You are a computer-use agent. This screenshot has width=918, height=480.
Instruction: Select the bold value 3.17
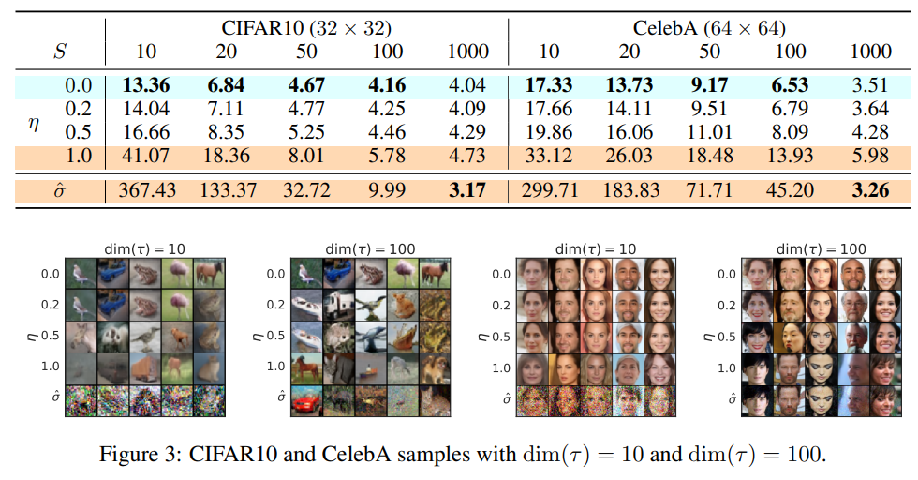(x=467, y=192)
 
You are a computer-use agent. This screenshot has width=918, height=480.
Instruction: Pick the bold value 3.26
(x=869, y=192)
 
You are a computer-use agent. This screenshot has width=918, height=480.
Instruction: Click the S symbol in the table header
(x=59, y=52)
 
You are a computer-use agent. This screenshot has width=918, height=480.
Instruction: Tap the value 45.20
(x=790, y=192)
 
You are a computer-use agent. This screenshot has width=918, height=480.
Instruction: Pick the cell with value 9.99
(x=388, y=192)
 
